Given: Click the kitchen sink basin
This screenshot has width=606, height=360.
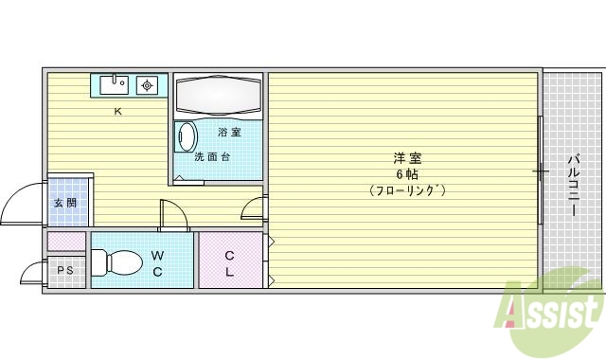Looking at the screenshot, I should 114,84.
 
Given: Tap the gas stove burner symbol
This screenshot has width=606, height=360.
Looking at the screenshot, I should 147,85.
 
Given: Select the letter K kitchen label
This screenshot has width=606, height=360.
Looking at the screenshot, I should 118,112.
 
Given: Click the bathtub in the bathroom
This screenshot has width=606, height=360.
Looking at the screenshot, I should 218,96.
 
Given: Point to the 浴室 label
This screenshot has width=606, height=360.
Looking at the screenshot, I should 229,132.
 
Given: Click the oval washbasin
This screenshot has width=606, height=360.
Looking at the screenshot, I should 186,136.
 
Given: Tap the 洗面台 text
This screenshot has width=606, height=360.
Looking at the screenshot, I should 212,157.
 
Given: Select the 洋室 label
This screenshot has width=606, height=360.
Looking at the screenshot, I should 407,157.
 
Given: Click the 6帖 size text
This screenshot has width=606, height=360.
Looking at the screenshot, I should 407,174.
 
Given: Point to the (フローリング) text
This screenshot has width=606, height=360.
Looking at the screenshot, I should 407,190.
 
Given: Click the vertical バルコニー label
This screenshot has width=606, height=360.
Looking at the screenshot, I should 574,184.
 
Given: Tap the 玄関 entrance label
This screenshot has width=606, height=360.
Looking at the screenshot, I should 64,203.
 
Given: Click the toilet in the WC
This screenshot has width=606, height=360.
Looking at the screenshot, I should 114,261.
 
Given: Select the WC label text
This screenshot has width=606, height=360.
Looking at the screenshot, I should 157,262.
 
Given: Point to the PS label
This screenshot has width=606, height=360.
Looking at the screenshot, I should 64,271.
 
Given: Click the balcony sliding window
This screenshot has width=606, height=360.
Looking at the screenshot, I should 541,171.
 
